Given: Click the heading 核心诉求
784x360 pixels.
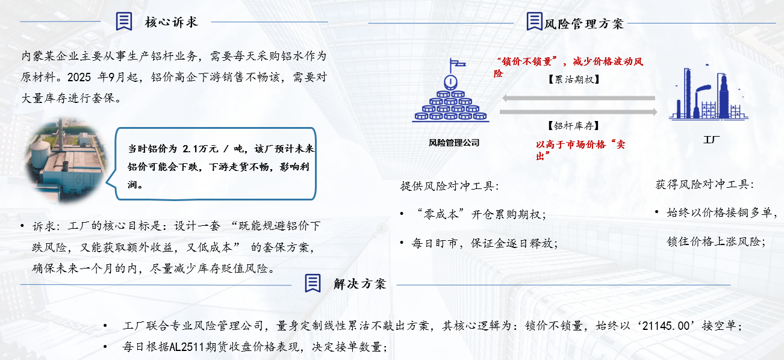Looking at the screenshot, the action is (172, 22).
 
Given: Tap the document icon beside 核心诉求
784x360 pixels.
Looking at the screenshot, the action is (124, 21).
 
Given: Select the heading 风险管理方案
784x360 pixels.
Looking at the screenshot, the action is (584, 24).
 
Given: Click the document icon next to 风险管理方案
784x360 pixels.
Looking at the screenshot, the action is (535, 21).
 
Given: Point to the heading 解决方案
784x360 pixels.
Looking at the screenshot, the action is (360, 284).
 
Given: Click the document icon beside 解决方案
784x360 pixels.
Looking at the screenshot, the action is (313, 283).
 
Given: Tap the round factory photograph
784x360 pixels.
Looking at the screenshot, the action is (66, 161).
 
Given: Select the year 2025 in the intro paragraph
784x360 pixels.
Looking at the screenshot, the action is (79, 77).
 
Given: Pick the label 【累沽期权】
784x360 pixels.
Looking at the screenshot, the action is (574, 79).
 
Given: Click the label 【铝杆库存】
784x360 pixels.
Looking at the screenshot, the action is (573, 126).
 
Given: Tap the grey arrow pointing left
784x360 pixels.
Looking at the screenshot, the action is (579, 98).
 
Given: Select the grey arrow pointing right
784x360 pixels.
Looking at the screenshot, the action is (579, 112).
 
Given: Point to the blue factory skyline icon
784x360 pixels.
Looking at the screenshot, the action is (708, 93).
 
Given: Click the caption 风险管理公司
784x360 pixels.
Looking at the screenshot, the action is (454, 143).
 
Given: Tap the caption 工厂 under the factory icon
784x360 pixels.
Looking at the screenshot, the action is (712, 140).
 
